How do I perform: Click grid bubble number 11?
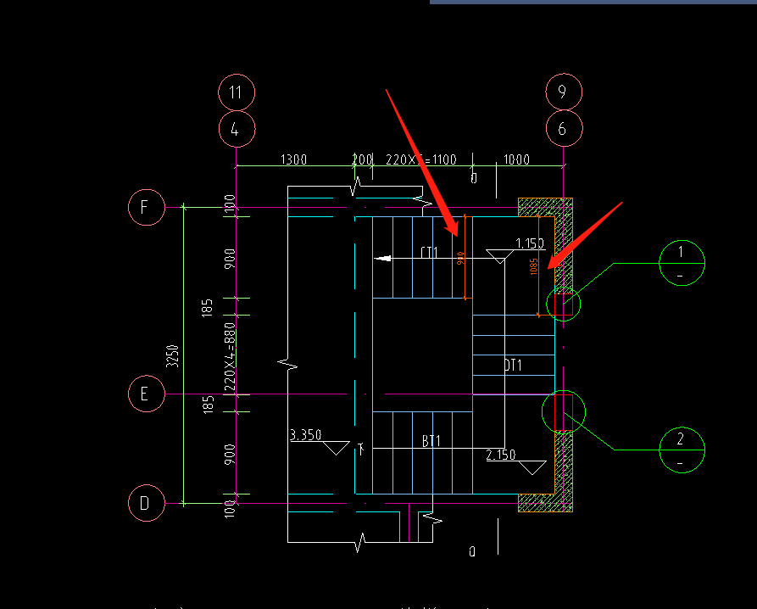237,92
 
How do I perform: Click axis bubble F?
146,207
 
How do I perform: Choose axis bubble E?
146,394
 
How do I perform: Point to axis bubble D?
146,504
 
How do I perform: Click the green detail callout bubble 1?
682,263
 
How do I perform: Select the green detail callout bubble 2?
682,450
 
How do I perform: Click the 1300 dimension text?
293,159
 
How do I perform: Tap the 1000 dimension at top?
516,159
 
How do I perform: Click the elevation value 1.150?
530,244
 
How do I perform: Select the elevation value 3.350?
306,435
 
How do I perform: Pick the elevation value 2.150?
501,455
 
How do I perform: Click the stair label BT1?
431,441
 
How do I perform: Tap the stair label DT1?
512,366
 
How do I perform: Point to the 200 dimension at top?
362,159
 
